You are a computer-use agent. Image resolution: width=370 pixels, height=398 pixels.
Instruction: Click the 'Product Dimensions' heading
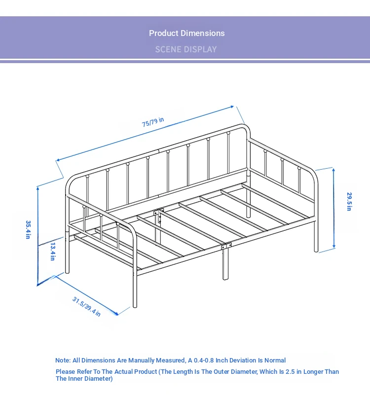[186, 33]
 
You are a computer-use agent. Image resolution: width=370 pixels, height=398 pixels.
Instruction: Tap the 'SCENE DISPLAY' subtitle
[186, 49]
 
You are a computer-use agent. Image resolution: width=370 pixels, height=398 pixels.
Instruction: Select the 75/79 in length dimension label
[153, 122]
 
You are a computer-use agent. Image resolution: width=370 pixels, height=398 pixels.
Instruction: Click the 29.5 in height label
[349, 202]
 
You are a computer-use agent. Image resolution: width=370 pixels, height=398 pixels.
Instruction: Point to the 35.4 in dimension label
[28, 229]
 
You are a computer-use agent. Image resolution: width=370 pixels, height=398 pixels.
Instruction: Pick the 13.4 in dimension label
[53, 252]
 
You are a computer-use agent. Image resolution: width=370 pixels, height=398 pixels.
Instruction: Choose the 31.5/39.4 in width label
[87, 307]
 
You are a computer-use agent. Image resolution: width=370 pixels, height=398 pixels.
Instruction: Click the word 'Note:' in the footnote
[63, 360]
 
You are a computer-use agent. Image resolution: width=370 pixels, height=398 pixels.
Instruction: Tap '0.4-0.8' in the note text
[204, 360]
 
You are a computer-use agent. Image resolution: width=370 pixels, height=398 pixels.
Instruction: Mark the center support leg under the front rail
[225, 264]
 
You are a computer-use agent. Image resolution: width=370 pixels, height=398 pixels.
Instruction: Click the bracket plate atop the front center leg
[226, 246]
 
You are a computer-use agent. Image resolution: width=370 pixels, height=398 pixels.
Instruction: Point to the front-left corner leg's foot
[135, 306]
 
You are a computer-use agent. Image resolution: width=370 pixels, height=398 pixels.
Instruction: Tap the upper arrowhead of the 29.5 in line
[333, 170]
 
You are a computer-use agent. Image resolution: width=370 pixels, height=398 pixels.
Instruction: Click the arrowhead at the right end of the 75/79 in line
[232, 107]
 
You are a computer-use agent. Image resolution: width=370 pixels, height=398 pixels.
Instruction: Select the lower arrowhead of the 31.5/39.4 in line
[116, 314]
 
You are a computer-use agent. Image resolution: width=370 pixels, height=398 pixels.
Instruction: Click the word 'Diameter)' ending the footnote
[99, 378]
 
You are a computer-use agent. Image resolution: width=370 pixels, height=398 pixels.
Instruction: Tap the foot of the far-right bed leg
[316, 251]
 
